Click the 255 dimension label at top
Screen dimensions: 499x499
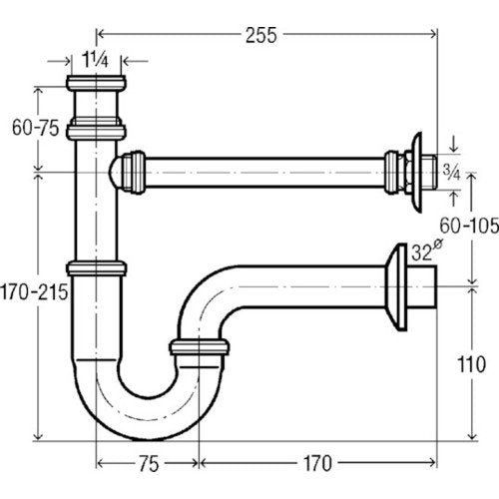coord(261,36)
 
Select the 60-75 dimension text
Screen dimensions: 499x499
coord(36,128)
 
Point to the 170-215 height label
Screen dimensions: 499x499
coord(34,292)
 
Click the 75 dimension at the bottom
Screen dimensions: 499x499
coord(149,464)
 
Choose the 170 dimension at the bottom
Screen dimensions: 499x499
coord(317,463)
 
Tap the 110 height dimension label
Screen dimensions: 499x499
coord(472,364)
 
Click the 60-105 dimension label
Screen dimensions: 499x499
coord(469,226)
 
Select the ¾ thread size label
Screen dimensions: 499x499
coord(451,173)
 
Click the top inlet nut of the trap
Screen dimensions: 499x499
coord(96,83)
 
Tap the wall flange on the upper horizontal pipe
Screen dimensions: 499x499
coord(416,173)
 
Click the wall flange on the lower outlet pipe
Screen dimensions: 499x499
coord(396,287)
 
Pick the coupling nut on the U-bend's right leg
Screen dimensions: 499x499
coord(199,347)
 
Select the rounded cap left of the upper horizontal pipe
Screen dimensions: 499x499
coord(115,173)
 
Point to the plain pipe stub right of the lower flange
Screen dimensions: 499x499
coord(421,287)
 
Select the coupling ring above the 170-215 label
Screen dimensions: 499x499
coord(96,268)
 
